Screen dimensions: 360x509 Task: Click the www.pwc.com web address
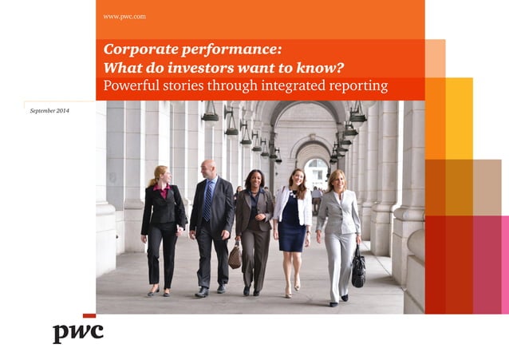pyautogui.click(x=124, y=16)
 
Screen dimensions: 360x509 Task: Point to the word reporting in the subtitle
pyautogui.click(x=356, y=85)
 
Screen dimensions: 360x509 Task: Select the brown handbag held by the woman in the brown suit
pyautogui.click(x=235, y=255)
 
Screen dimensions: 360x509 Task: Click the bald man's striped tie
pyautogui.click(x=207, y=200)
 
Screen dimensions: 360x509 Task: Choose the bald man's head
pyautogui.click(x=207, y=168)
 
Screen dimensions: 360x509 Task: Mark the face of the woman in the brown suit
pyautogui.click(x=254, y=180)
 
